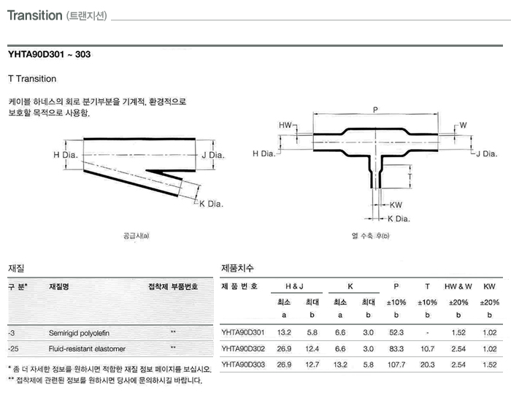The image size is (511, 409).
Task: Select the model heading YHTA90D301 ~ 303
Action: [x=49, y=55]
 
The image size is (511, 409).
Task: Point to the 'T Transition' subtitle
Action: [x=32, y=78]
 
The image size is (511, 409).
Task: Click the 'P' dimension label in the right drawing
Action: [x=374, y=110]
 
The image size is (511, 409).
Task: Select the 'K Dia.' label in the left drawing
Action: [x=211, y=204]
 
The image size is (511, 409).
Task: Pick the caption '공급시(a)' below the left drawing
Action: [x=137, y=236]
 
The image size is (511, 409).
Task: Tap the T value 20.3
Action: [x=428, y=364]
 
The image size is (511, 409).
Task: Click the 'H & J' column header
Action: [x=296, y=286]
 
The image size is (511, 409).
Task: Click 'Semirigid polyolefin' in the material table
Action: [x=80, y=332]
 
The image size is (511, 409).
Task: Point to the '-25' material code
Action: [x=14, y=348]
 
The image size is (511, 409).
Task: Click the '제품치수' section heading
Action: [x=237, y=268]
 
